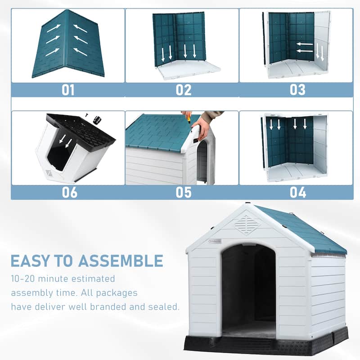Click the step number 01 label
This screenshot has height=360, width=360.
(68, 90)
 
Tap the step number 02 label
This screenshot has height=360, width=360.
(184, 90)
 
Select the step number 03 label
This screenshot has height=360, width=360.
(297, 90)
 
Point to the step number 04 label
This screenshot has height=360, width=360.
(297, 192)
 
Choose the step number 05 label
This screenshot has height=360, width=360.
(184, 192)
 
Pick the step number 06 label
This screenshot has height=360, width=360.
(68, 192)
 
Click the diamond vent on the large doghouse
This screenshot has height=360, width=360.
(247, 224)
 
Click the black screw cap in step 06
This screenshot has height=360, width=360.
(96, 120)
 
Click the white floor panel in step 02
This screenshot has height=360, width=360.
(187, 68)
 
